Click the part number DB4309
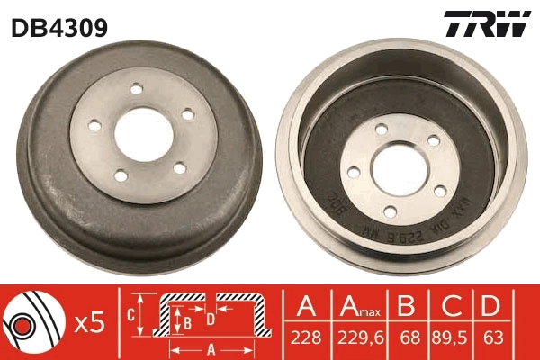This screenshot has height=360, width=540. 59,28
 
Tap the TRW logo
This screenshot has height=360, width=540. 487,25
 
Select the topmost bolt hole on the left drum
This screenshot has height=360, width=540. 138,89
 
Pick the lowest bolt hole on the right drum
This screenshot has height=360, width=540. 391,211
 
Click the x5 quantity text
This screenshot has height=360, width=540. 88,322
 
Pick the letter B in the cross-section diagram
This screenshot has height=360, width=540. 187,319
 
